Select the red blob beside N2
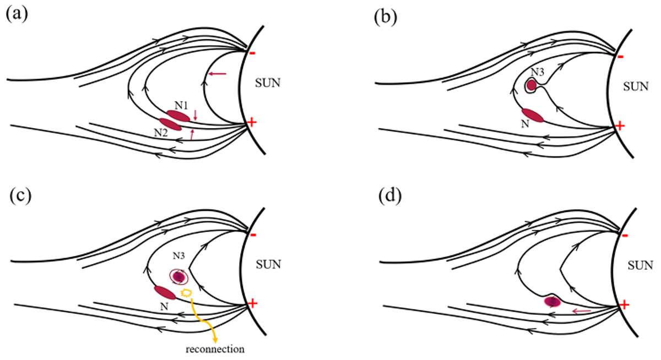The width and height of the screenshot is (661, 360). click(170, 124)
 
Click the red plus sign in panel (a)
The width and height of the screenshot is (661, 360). click(252, 123)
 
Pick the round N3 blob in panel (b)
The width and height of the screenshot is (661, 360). click(532, 85)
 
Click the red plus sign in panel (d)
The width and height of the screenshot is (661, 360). click(624, 304)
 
